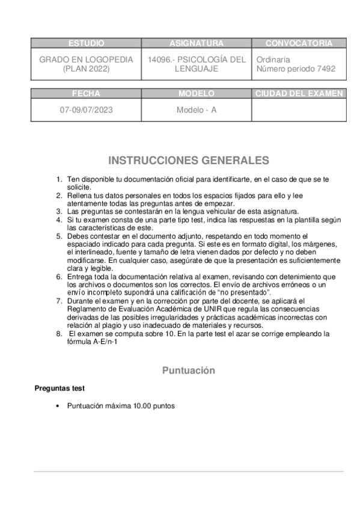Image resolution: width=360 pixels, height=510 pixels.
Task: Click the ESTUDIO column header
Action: point(87,43)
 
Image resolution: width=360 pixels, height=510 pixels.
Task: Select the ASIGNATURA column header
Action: point(197,43)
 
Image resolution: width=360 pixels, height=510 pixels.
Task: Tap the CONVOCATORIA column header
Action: point(298,43)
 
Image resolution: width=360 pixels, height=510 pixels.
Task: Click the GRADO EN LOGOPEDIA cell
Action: point(87,65)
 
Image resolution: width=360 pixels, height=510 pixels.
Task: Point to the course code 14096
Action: point(159,60)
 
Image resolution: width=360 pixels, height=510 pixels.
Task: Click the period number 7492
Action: point(325,69)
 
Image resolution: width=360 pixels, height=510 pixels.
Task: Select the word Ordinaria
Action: point(273,60)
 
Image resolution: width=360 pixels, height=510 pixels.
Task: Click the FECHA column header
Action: point(87,94)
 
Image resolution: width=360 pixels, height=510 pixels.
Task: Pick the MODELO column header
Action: point(197,94)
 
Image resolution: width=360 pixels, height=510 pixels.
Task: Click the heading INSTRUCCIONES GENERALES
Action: point(188,161)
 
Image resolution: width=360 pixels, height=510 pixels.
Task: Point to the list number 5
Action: point(59,236)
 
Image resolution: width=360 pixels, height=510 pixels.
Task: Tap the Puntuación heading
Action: point(188,371)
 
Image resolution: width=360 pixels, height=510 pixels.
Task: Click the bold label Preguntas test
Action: point(59,389)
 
